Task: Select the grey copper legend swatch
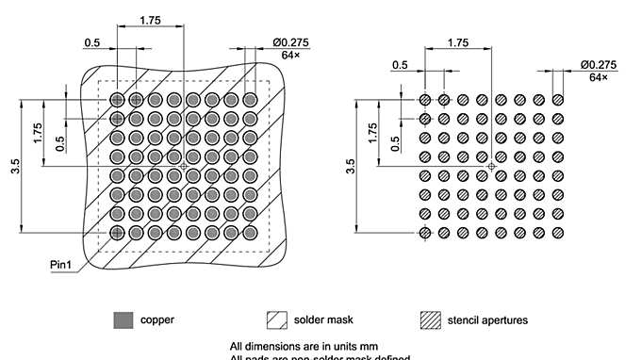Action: pos(123,319)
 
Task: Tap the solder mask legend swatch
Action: pos(278,319)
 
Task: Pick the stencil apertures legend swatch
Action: pos(430,319)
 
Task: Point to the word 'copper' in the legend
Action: pos(157,319)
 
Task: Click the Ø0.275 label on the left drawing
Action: pos(290,41)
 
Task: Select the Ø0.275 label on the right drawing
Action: pos(598,64)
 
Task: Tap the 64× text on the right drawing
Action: pos(599,76)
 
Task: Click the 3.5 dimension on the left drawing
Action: pos(15,166)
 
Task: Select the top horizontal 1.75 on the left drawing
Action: pos(150,19)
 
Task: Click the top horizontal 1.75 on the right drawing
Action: pos(458,42)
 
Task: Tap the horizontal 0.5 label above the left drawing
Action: pos(92,42)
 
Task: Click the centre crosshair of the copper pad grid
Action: pos(183,165)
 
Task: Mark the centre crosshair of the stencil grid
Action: pos(491,166)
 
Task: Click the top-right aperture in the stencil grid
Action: pos(558,99)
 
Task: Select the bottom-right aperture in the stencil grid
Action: pos(558,232)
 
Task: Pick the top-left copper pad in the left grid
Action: pos(117,99)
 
